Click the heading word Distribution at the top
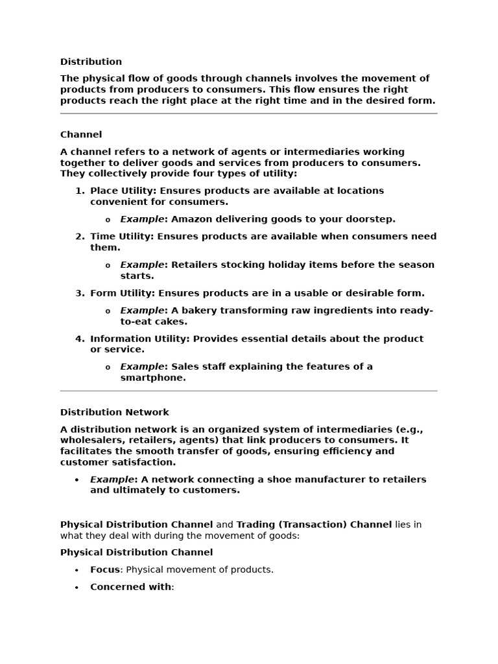[x=91, y=62]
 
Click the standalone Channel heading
[x=81, y=135]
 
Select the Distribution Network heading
[x=114, y=412]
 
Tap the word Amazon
[x=193, y=219]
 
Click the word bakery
[x=199, y=311]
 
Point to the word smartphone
[x=153, y=378]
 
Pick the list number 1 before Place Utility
[x=79, y=191]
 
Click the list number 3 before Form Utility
[x=79, y=293]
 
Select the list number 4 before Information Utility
[x=79, y=338]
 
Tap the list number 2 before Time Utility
[x=79, y=237]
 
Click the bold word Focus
[x=105, y=570]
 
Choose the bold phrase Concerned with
[x=131, y=587]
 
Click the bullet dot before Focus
[x=77, y=571]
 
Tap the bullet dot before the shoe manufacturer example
[x=77, y=480]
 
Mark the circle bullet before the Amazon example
[x=108, y=220]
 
